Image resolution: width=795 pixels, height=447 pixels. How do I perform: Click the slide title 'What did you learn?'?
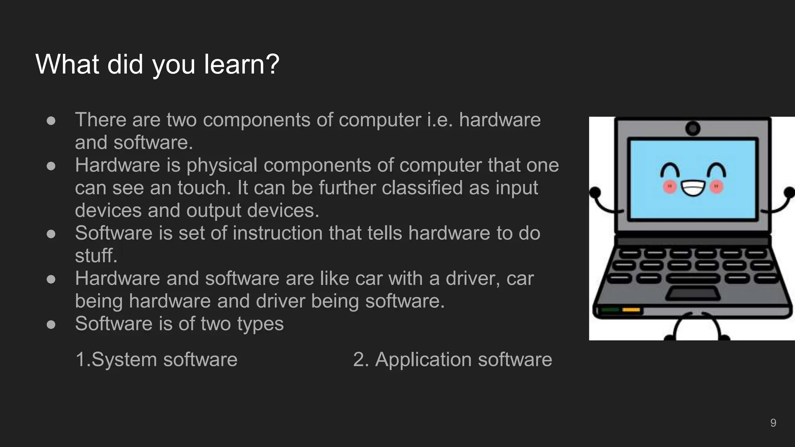[x=157, y=64]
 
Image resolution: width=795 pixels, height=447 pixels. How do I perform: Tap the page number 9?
[x=773, y=423]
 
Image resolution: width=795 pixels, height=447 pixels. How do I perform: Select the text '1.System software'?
[x=156, y=359]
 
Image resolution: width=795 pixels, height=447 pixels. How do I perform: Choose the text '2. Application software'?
[x=452, y=359]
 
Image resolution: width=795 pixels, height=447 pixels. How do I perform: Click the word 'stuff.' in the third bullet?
[x=96, y=256]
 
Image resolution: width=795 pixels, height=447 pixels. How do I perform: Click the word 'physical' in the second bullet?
[x=222, y=165]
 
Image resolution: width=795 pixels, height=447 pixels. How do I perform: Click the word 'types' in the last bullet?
[x=260, y=324]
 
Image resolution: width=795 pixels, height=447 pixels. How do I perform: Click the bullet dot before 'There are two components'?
[x=51, y=120]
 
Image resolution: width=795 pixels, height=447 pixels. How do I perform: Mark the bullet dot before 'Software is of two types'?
[x=51, y=324]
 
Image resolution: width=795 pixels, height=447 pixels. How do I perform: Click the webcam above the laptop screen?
[x=693, y=128]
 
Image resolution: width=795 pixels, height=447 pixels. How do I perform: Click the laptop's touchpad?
[x=693, y=293]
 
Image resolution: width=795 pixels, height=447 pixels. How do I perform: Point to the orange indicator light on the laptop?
[x=631, y=310]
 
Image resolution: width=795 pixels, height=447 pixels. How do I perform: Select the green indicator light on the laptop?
[x=610, y=310]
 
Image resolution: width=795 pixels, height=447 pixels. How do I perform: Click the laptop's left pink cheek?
[x=670, y=187]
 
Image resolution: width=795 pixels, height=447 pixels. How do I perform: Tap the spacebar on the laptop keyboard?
[x=693, y=278]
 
